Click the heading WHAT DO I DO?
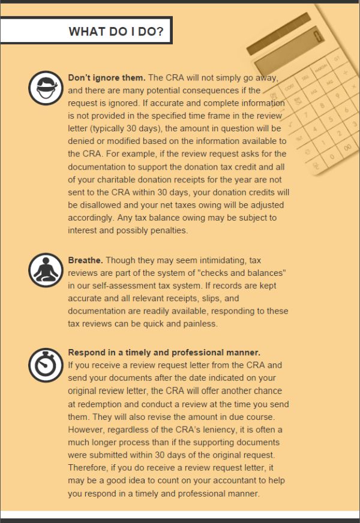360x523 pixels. point(116,31)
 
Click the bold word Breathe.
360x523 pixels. point(86,260)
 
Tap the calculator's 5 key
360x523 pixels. point(329,118)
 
